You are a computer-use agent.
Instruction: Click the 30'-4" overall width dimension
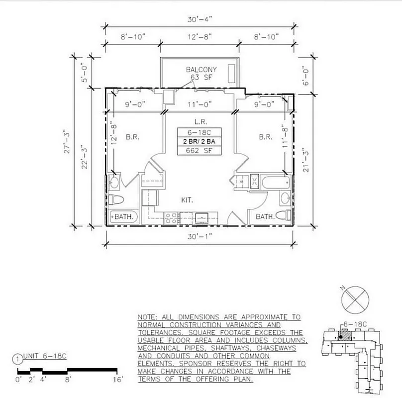[201, 19]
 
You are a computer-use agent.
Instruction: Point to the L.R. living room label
[201, 121]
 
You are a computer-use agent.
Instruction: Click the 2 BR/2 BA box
[200, 141]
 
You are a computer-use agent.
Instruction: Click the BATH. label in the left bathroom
[124, 217]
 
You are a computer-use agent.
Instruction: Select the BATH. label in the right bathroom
[265, 217]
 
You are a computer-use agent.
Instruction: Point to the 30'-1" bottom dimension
[201, 236]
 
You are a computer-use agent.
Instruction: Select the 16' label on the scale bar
[117, 380]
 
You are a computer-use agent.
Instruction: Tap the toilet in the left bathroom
[116, 200]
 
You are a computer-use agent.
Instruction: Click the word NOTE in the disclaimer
[148, 317]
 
